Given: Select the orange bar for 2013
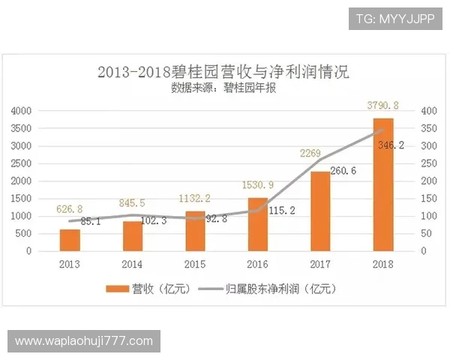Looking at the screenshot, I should pyautogui.click(x=70, y=240).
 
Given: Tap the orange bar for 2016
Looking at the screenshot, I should pyautogui.click(x=258, y=224).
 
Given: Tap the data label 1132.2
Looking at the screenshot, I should pyautogui.click(x=193, y=198).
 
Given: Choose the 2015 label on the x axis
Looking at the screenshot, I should pyautogui.click(x=195, y=265).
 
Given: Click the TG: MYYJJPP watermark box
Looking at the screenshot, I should pyautogui.click(x=395, y=17).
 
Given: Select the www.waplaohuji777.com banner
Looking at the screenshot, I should pyautogui.click(x=83, y=341).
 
